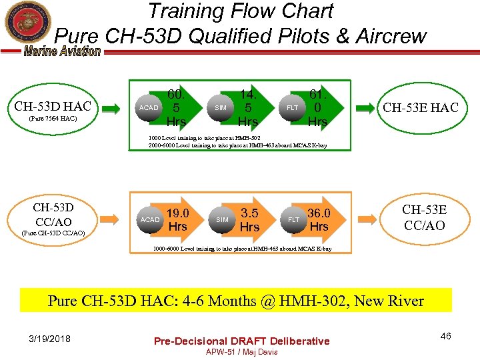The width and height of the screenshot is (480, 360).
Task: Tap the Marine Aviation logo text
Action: (63, 51)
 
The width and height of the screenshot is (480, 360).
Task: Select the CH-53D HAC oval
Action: (53, 109)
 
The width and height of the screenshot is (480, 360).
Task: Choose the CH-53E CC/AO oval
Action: (424, 217)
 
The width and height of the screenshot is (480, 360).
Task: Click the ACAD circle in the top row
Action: (149, 107)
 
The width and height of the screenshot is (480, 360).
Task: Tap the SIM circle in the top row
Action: (221, 107)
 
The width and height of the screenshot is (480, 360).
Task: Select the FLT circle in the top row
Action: (293, 107)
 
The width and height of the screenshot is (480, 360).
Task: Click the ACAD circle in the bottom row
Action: (150, 219)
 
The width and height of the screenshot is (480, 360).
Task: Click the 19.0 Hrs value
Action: (177, 219)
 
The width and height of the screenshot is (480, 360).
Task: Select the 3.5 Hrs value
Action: (249, 220)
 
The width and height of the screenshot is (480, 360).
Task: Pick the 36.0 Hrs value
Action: (319, 219)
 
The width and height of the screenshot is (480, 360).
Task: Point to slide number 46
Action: (445, 336)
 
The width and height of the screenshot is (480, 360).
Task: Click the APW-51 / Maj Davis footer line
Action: (241, 351)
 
